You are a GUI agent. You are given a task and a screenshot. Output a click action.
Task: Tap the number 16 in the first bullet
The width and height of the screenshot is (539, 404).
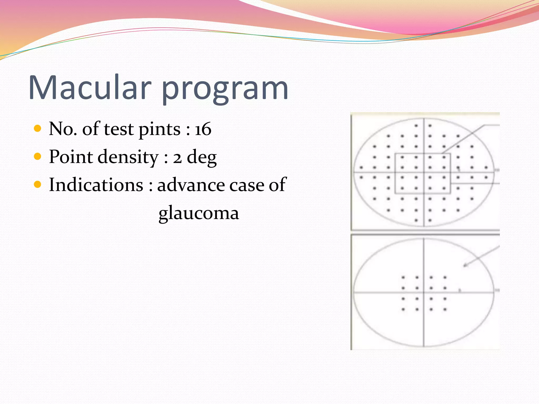click(x=203, y=129)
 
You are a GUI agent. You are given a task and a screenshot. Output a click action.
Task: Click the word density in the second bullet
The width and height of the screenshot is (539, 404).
click(x=128, y=157)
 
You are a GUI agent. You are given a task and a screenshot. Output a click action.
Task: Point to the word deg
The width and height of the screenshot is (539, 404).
click(x=202, y=158)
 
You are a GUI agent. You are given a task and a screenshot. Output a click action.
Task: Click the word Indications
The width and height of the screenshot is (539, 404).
click(x=96, y=185)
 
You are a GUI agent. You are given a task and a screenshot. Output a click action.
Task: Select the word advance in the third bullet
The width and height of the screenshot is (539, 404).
click(x=191, y=185)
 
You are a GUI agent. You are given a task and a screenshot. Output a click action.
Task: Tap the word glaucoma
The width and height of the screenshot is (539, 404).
click(x=199, y=213)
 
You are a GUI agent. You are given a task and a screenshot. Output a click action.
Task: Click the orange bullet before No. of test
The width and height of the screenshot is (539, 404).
click(x=38, y=128)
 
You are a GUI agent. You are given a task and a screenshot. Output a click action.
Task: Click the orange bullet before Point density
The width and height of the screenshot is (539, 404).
click(x=38, y=156)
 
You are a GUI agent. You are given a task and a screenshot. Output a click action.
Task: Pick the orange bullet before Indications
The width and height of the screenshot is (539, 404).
click(x=38, y=184)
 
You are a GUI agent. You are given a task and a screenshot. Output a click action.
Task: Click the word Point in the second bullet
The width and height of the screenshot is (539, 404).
click(x=71, y=157)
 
